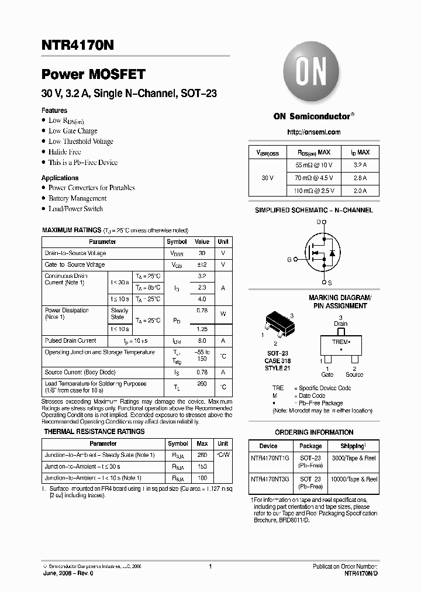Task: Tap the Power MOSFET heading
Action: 93,74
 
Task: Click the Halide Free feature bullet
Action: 65,152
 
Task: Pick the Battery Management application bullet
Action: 77,198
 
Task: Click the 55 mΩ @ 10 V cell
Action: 315,166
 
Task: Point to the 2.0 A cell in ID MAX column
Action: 360,191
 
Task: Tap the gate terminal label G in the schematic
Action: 288,259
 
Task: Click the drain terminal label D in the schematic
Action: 319,222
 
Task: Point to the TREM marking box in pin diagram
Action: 341,345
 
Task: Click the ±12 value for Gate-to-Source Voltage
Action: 202,264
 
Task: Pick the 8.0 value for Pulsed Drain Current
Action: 202,340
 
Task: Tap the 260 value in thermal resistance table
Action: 202,455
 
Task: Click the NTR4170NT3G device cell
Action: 269,479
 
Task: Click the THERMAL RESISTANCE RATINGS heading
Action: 95,432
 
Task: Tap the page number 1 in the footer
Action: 210,566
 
